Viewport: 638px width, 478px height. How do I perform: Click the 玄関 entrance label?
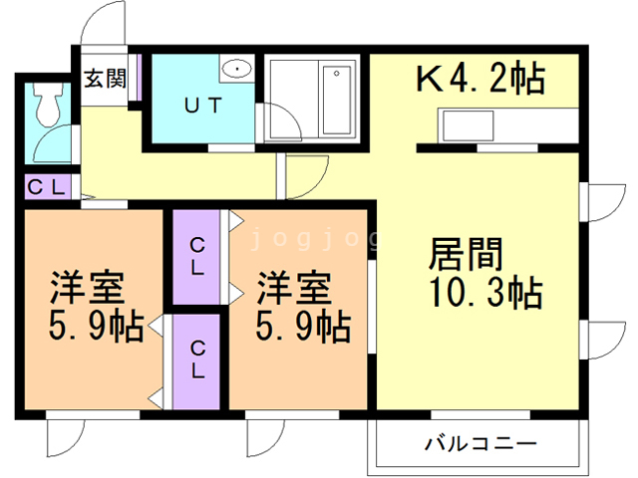[105, 78]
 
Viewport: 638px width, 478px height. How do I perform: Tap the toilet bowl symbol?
[46, 100]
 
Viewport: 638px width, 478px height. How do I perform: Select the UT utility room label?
[202, 104]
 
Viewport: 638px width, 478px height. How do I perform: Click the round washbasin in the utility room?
[237, 68]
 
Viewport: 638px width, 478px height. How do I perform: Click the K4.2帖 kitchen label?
[479, 79]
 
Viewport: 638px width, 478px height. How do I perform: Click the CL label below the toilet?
[46, 186]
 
